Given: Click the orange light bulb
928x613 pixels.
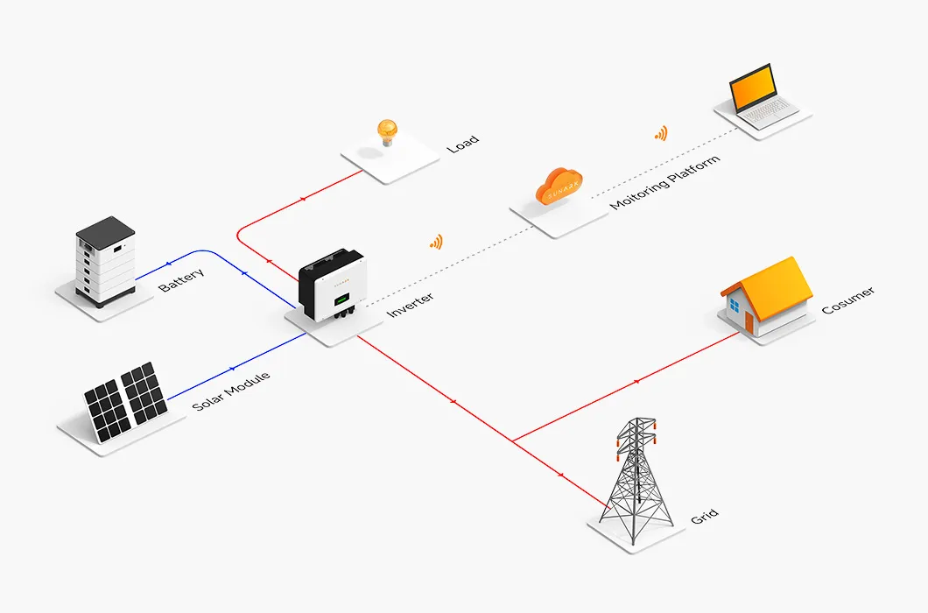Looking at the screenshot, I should (386, 132).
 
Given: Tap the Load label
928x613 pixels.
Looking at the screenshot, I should (463, 144).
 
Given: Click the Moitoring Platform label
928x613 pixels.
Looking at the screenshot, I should (665, 182).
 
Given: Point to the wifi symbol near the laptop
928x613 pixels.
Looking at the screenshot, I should (661, 133).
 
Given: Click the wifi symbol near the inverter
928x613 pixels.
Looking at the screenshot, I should (435, 242).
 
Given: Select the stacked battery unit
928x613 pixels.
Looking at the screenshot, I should (106, 259).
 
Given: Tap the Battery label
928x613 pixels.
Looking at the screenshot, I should (181, 280).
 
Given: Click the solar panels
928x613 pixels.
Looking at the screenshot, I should (124, 401).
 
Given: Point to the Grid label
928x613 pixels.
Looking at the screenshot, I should (704, 516).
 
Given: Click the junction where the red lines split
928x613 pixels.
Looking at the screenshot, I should (513, 440).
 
